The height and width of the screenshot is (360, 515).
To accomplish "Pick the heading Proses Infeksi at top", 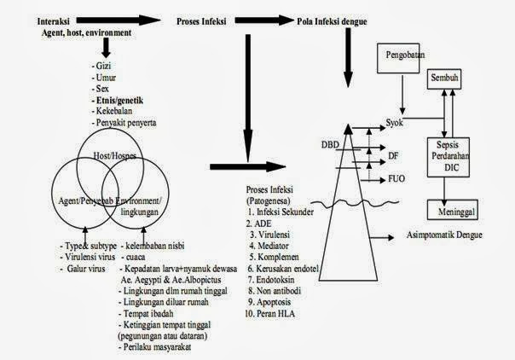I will (204, 18).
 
